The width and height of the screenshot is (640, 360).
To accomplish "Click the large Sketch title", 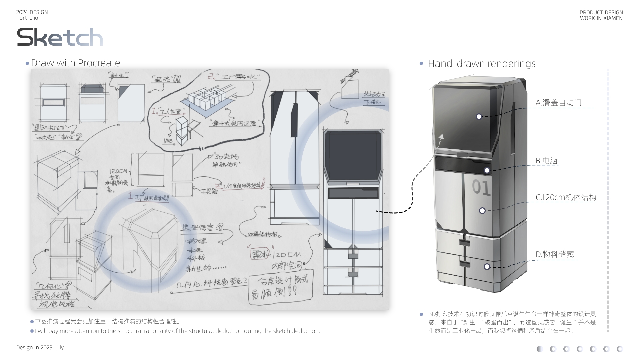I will point(60,37).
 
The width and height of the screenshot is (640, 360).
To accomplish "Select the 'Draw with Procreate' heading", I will point(75,63).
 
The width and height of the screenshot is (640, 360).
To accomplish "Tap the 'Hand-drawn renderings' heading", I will point(482,64).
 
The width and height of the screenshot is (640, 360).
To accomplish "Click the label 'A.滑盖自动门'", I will point(558,103).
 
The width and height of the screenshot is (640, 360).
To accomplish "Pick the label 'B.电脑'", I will point(546,161).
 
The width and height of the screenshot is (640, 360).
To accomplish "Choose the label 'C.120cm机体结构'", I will point(566,197).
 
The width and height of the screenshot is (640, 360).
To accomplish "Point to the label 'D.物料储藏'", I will point(555,254).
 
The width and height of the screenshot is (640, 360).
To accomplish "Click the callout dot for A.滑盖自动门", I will point(479,117).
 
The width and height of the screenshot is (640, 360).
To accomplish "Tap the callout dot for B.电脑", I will point(487,170).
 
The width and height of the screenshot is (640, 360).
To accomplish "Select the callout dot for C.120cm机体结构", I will point(482,211).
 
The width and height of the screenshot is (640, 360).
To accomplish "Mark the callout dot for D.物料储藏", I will point(487,267).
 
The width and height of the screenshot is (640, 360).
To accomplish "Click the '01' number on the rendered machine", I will point(481,188).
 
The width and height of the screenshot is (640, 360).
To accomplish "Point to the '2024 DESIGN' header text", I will point(32,12).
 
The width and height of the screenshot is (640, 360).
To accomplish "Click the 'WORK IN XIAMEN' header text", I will point(601,18).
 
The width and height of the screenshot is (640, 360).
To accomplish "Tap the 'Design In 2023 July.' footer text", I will point(40,348).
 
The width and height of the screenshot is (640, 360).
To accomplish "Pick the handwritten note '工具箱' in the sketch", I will point(209,191).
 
